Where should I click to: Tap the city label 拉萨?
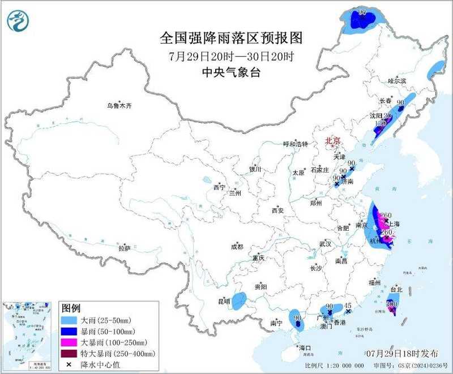pos(125,248)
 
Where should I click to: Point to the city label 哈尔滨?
pos(397,81)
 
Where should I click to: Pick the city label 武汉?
pos(325,243)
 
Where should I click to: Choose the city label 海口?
pos(305,347)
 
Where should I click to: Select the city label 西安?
pos(277,210)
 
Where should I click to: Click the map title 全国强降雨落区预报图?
pos(232,38)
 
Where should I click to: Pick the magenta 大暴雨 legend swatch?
pos(70,342)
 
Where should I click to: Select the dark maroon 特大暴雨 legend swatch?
pos(70,353)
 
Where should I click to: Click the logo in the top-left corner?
pos(17,21)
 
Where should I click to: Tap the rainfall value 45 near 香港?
pos(349,305)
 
